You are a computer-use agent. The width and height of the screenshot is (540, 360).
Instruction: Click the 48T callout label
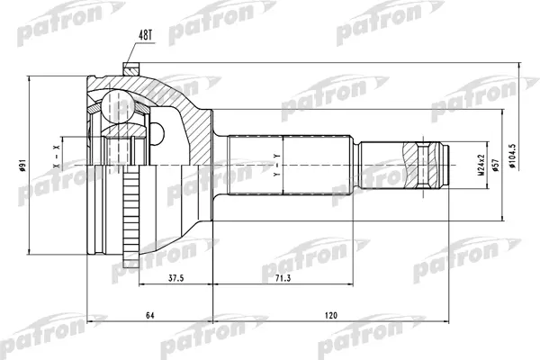click(x=145, y=35)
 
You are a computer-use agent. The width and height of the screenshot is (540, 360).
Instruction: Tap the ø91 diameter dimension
click(x=22, y=166)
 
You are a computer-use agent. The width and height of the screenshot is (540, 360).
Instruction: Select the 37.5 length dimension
click(x=175, y=278)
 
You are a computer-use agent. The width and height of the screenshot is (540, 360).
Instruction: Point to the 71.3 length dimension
click(x=283, y=278)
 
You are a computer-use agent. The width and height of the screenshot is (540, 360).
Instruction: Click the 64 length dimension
click(x=149, y=315)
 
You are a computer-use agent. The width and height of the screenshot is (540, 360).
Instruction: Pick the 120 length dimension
click(x=331, y=315)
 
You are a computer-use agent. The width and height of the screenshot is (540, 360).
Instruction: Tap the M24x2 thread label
click(x=481, y=166)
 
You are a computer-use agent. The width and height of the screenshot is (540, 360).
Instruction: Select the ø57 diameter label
click(x=496, y=166)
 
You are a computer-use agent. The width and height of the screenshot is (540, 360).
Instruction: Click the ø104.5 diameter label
click(x=512, y=156)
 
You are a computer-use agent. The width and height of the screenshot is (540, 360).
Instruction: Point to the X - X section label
click(x=57, y=157)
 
